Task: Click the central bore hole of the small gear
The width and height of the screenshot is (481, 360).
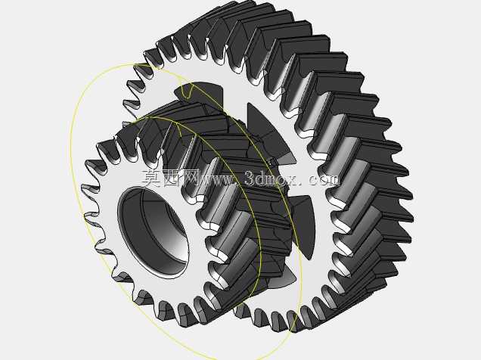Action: [153, 232]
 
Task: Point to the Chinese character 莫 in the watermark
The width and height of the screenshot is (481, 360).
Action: [151, 178]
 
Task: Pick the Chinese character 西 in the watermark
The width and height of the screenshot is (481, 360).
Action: [171, 178]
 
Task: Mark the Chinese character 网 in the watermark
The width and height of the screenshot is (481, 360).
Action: [190, 178]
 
